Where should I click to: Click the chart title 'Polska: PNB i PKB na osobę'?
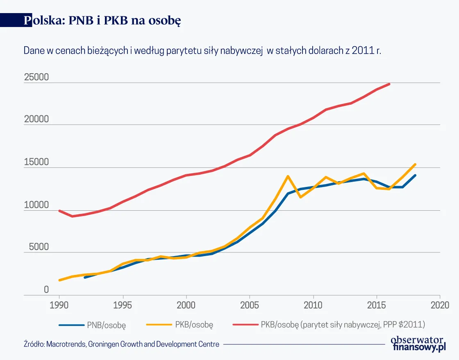tap(102, 21)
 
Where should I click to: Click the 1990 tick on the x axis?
tap(59, 305)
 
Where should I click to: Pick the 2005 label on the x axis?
tap(250, 305)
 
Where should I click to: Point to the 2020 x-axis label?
tap(440, 305)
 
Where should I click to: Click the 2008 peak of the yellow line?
tap(288, 176)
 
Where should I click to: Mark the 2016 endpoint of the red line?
tap(389, 84)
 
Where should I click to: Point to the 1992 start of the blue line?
tap(85, 277)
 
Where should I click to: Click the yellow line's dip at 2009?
tap(300, 197)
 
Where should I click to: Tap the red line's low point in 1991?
tap(72, 216)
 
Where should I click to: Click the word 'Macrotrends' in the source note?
tap(66, 344)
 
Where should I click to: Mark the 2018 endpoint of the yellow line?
tap(415, 164)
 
